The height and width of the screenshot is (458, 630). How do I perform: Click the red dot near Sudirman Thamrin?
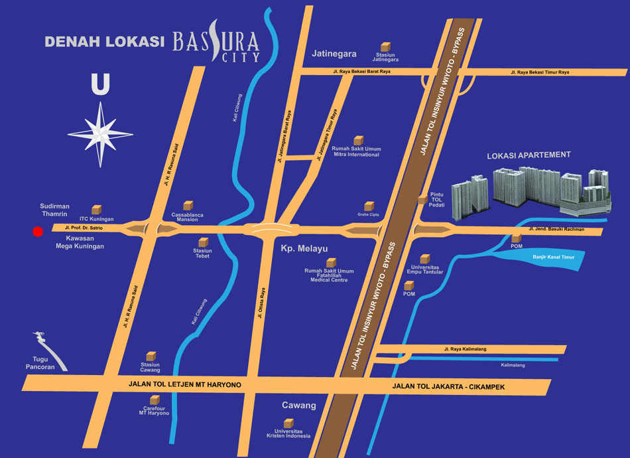38,232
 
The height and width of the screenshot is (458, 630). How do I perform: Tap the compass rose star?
100,133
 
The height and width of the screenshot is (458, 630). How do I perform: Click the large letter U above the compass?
100,85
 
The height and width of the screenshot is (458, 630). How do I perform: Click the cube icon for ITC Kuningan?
97,209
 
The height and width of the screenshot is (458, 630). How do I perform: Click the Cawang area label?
299,405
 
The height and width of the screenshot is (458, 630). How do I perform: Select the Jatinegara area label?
334,54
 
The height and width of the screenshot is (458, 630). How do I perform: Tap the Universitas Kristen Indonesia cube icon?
288,423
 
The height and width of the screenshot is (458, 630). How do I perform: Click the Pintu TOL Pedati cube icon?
422,198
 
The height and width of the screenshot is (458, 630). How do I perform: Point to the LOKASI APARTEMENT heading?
529,155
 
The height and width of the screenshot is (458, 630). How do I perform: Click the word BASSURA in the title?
216,42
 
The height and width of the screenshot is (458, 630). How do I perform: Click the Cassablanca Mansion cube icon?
188,205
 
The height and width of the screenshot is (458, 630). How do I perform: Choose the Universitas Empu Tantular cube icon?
425,258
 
